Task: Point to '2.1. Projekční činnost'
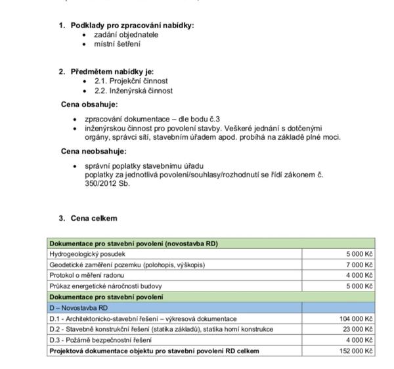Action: pyautogui.click(x=127, y=81)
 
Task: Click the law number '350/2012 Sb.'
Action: pyautogui.click(x=108, y=183)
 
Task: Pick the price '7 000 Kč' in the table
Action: pyautogui.click(x=359, y=265)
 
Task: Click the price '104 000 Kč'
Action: pyautogui.click(x=356, y=318)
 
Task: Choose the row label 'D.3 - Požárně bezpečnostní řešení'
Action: pyautogui.click(x=100, y=340)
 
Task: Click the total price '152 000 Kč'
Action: pyautogui.click(x=356, y=351)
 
